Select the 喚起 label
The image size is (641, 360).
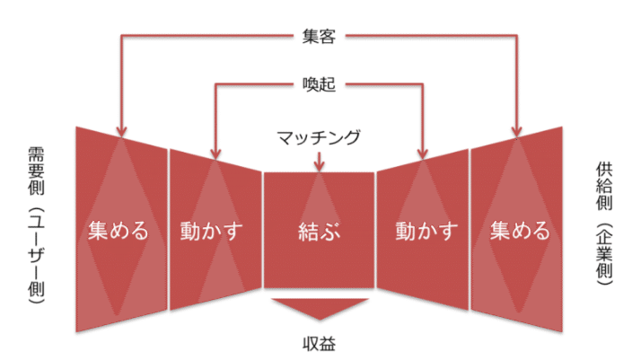click(x=320, y=86)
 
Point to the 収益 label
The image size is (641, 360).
click(x=320, y=343)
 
